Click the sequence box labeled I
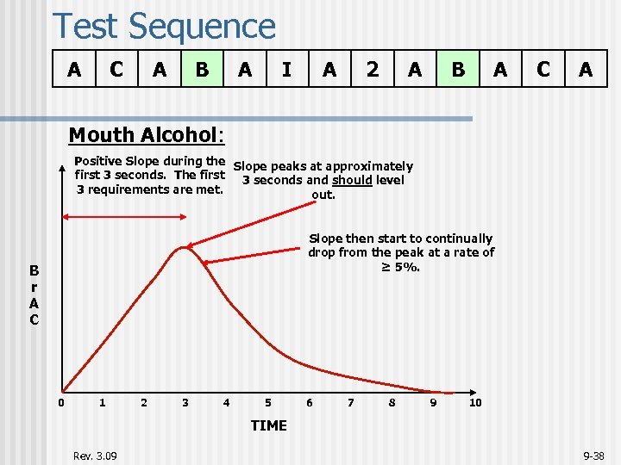click(x=286, y=69)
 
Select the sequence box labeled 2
click(x=372, y=69)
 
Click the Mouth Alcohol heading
click(x=146, y=134)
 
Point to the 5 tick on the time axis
click(x=267, y=402)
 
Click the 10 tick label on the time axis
click(x=475, y=402)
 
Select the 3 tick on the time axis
click(x=185, y=402)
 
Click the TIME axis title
click(x=268, y=425)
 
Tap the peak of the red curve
click(x=183, y=248)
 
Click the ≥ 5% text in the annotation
click(x=401, y=267)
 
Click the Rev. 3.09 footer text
click(x=96, y=455)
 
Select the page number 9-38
click(x=594, y=455)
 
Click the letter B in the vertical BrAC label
click(x=34, y=270)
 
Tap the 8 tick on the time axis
click(x=392, y=402)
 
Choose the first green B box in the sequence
click(x=202, y=69)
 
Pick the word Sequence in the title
click(x=202, y=26)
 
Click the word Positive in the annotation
click(x=98, y=161)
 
